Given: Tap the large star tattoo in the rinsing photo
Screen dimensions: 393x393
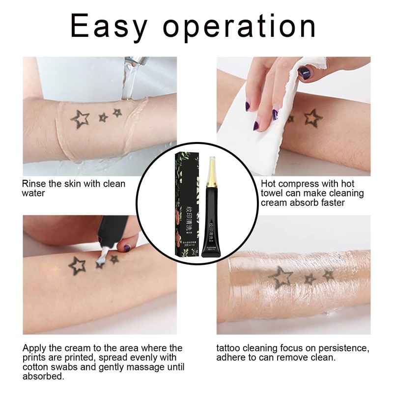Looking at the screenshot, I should pos(80,118).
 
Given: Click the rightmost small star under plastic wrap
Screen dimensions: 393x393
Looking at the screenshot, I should pos(328,276).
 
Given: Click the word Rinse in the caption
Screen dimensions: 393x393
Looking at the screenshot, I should pos(34,184).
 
